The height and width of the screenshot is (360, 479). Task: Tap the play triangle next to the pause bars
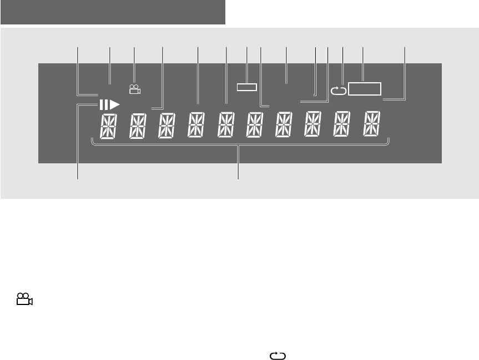pos(114,104)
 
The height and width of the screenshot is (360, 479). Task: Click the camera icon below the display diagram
pos(24,301)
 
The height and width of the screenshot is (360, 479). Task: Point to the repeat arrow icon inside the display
pos(337,89)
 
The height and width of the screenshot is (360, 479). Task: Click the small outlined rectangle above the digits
pos(246,87)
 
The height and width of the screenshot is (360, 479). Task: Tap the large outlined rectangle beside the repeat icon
pos(365,89)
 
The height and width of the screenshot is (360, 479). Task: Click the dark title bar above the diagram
pos(113,12)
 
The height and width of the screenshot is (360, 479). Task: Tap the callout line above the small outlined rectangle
pos(246,66)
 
